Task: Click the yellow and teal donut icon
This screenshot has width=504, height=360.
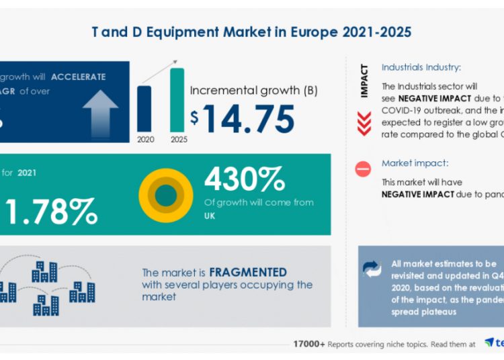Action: point(165,195)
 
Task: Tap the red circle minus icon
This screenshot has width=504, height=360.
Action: point(364,169)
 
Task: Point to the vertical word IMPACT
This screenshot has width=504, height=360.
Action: point(364,81)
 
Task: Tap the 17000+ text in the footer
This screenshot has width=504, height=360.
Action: point(309,344)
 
